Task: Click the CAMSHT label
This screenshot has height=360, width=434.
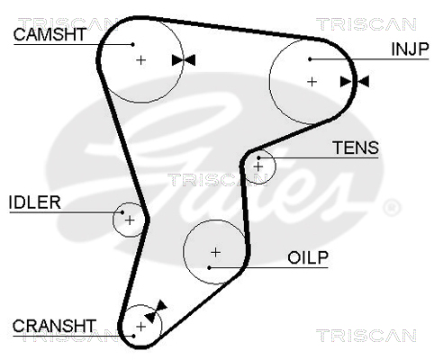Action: tap(50, 34)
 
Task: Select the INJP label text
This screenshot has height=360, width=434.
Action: tap(410, 49)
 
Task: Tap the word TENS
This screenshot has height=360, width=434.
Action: tap(356, 148)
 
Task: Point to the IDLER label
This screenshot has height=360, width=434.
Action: tap(35, 202)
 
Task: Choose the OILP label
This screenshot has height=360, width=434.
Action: tap(308, 257)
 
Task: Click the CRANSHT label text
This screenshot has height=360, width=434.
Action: tap(54, 326)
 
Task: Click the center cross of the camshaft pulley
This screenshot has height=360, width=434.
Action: tap(140, 60)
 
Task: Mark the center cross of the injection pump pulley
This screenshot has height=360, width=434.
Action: tap(312, 82)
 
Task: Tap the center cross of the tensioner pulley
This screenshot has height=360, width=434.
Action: tap(258, 166)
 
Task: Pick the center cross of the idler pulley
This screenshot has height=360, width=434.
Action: tap(130, 220)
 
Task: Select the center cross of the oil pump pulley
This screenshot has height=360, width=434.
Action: tap(215, 252)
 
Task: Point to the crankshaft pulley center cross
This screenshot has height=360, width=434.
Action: tap(140, 327)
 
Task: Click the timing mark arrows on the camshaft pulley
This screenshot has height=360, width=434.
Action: tap(184, 60)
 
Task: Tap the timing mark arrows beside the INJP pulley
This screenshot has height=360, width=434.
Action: tap(355, 82)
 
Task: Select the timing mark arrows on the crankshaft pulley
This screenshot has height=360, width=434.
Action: tap(156, 311)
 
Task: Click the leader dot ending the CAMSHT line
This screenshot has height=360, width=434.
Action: tap(132, 44)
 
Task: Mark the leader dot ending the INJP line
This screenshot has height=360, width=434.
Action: tap(310, 59)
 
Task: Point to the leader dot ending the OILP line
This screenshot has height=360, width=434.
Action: tap(209, 267)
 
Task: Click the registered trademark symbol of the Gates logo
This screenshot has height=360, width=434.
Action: tap(392, 207)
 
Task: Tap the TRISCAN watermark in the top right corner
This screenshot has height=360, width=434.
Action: tap(366, 24)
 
